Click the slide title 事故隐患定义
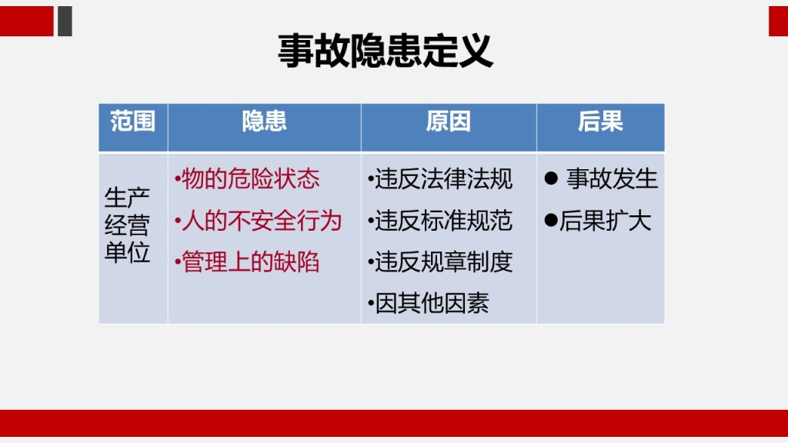[x=386, y=52]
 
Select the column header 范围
[x=132, y=122]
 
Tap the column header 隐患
[x=265, y=122]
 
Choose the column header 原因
[x=449, y=122]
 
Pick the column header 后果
[x=600, y=122]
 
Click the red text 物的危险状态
[x=250, y=178]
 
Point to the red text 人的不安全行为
[x=262, y=221]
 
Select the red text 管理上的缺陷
[x=250, y=262]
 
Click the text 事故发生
[x=612, y=178]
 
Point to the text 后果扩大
[x=606, y=221]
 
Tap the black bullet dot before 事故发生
[x=551, y=178]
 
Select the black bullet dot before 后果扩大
[x=551, y=220]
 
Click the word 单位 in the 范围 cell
[x=127, y=252]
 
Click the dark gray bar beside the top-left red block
[x=65, y=21]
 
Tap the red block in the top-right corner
[x=779, y=21]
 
